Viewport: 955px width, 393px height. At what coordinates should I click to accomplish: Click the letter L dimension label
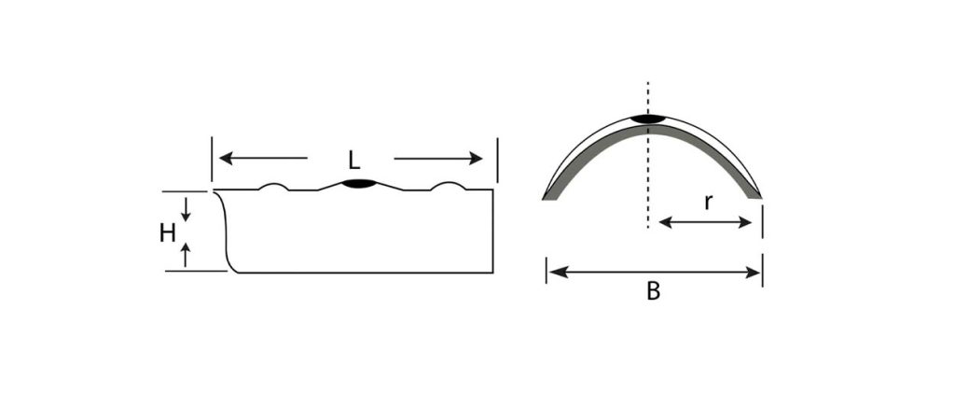(353, 160)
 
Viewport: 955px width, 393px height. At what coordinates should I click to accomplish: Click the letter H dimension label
(168, 232)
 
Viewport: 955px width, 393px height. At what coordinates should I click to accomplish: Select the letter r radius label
(708, 203)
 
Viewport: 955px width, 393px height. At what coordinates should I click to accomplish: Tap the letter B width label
(653, 291)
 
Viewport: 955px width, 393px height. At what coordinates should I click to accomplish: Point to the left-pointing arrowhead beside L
(226, 159)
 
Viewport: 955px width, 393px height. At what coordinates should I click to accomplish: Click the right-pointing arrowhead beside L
(475, 159)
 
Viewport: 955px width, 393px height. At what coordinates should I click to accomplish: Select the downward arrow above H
(186, 209)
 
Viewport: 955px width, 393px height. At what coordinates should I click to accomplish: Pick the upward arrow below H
(186, 255)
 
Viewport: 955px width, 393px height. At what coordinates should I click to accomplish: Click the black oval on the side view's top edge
(359, 183)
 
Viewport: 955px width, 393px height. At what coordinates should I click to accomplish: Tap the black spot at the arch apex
(648, 119)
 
